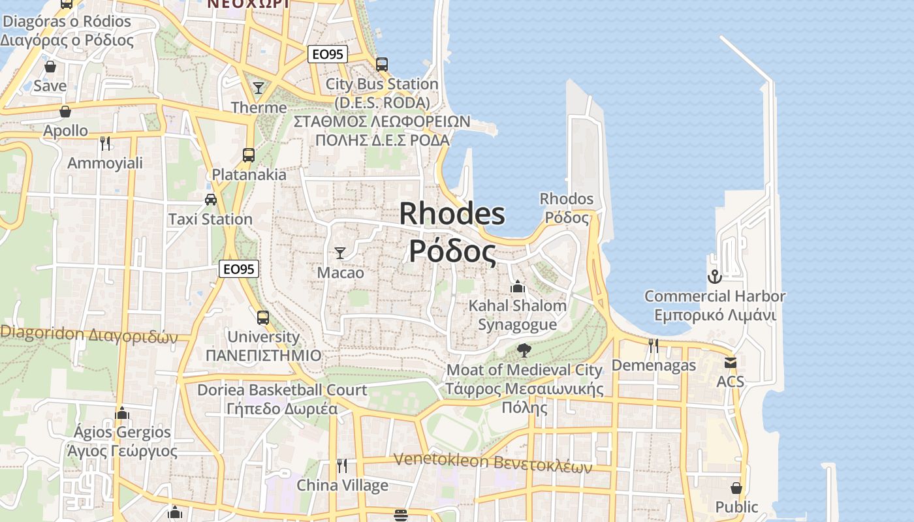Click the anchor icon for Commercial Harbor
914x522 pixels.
(714, 277)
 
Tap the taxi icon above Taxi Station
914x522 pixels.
(210, 199)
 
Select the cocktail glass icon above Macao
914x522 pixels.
(339, 253)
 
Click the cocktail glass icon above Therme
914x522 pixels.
(259, 87)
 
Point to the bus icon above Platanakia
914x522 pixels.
(248, 155)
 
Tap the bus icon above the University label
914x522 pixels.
(262, 317)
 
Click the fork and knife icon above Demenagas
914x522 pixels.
(653, 345)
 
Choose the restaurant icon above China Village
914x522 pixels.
(341, 465)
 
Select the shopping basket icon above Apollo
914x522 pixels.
(65, 112)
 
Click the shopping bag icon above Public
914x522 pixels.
(736, 487)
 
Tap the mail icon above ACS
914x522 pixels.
(730, 362)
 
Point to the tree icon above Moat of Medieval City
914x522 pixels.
(524, 350)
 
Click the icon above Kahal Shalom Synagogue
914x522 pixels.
(517, 286)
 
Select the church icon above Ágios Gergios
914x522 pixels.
(121, 413)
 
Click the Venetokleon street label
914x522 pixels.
(493, 462)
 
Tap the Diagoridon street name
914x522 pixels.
(89, 335)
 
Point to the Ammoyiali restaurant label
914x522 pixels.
(105, 163)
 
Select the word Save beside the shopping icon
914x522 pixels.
(50, 85)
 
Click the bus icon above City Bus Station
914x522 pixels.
(382, 65)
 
